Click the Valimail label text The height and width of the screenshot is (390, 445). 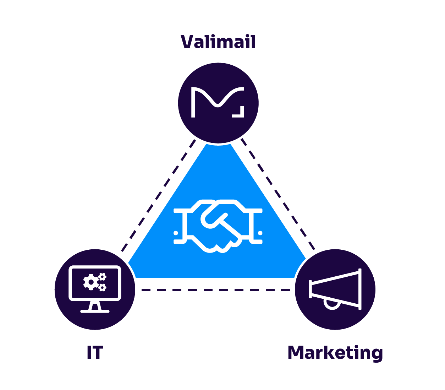218,42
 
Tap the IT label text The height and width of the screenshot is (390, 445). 95,352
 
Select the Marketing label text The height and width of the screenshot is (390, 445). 335,353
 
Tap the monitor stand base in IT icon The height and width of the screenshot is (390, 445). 95,311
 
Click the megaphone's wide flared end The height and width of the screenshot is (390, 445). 359,289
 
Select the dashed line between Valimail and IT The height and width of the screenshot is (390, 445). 158,195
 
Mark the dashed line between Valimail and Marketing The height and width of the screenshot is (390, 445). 279,195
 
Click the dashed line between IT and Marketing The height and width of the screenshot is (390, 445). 215,290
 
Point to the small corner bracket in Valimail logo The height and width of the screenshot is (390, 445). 240,112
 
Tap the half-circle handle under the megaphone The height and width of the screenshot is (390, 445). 333,305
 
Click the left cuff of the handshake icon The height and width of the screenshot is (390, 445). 181,226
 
